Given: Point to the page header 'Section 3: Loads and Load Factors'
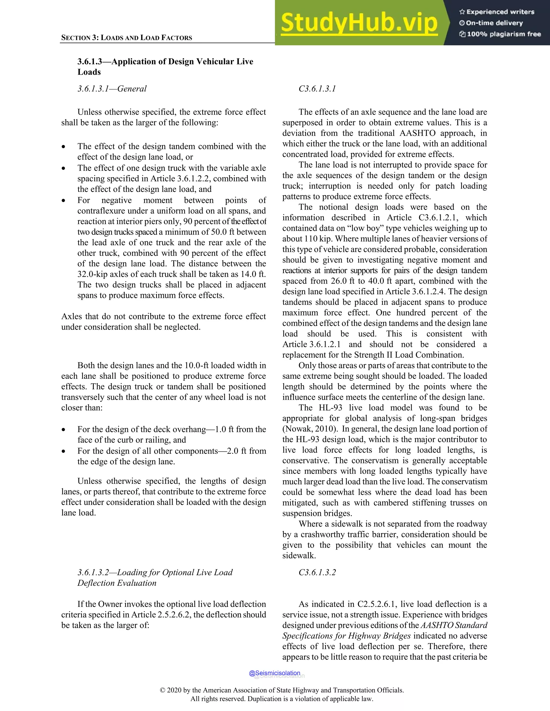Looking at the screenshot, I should tap(126, 38).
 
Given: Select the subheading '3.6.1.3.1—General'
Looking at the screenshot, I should tap(112, 89).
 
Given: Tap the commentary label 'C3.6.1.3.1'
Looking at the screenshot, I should tap(317, 89).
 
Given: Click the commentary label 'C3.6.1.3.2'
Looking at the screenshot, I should tap(317, 572).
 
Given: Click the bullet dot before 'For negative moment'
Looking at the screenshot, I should tap(64, 200).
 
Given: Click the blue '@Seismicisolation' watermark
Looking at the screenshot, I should tap(274, 673).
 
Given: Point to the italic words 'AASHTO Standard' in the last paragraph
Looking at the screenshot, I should tap(454, 625).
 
